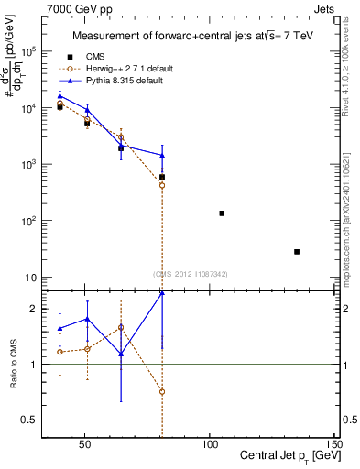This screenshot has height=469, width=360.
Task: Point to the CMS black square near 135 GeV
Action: click(x=297, y=252)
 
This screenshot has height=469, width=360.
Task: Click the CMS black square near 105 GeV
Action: click(x=222, y=213)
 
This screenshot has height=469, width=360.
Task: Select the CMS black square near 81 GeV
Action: click(x=162, y=177)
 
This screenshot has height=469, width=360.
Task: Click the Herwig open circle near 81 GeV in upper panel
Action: click(x=162, y=185)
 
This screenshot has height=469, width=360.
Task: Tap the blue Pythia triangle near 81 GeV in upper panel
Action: click(x=162, y=155)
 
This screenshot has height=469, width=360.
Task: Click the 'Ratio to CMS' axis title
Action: click(x=13, y=365)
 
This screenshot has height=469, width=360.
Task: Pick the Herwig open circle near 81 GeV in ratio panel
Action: click(x=162, y=391)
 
